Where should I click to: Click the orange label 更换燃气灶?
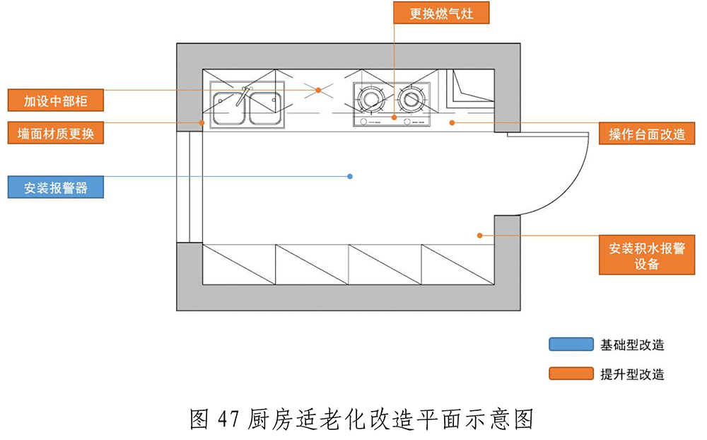(441, 13)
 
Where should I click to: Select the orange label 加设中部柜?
(56, 100)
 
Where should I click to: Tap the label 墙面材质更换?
(56, 133)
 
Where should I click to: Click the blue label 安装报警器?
(56, 187)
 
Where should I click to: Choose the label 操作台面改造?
(647, 134)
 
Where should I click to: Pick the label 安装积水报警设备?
(647, 255)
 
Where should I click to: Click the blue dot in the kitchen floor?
(350, 176)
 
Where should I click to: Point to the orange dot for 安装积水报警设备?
(480, 235)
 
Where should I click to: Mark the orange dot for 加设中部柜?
(319, 90)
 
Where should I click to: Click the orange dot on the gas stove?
(395, 116)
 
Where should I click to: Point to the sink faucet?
(244, 94)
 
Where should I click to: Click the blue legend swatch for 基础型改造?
(571, 345)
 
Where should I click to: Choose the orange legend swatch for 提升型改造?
(571, 374)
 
